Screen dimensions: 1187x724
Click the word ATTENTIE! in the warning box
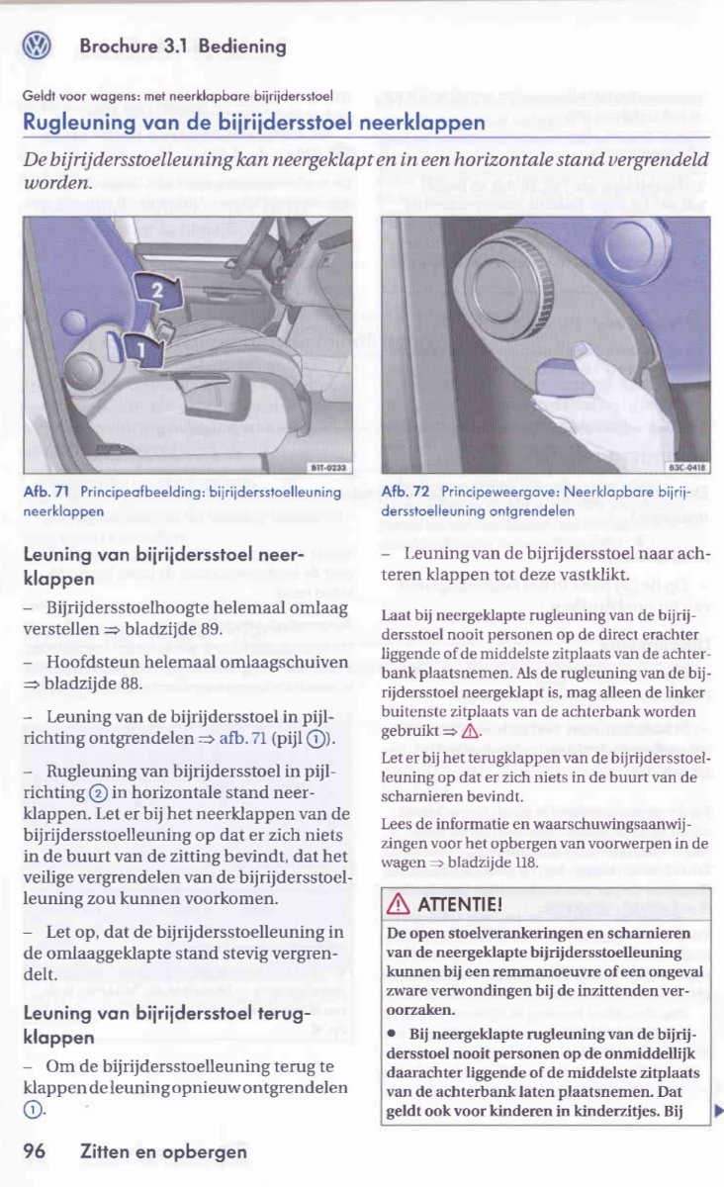point(461,906)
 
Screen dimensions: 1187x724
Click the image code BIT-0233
point(322,468)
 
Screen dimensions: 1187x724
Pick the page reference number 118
point(524,862)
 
